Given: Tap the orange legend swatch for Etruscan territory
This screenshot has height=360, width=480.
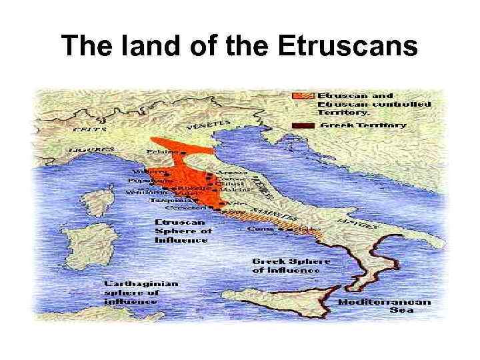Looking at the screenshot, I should (303, 96).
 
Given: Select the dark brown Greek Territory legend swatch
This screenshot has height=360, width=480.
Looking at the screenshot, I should (303, 125).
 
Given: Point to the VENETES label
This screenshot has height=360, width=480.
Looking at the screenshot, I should (209, 126).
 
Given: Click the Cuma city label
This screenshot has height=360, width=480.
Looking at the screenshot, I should (257, 229).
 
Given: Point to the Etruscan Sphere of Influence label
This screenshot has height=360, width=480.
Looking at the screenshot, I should (183, 231).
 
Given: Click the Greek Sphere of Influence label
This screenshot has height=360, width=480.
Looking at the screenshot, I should (286, 265).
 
